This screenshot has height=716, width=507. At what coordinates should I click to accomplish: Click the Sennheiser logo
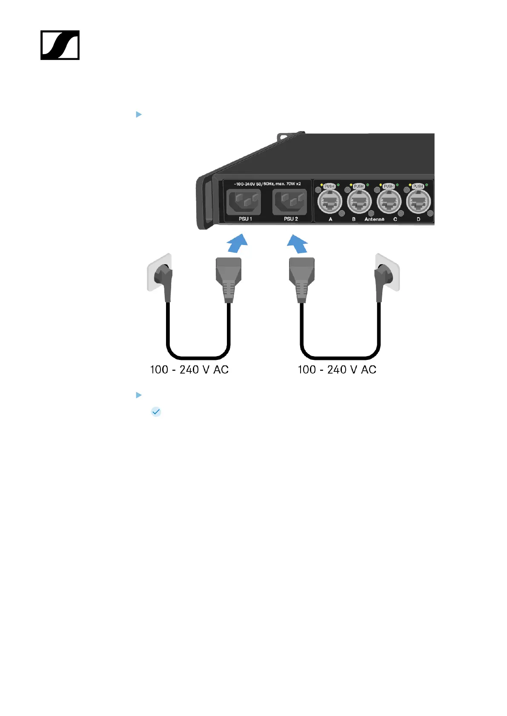pos(60,45)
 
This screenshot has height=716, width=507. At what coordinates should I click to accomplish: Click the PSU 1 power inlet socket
pos(243,202)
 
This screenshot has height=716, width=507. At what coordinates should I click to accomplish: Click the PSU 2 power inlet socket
pos(289,202)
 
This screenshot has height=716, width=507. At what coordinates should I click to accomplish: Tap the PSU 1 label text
pos(245,219)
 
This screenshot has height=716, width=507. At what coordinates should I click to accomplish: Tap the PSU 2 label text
pos(291,219)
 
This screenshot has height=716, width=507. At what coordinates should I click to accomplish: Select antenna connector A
pos(330,201)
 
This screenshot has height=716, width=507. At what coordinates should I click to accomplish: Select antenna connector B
pos(360,201)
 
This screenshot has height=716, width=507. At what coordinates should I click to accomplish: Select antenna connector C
pos(389,201)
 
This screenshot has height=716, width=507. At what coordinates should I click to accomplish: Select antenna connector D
pos(419,201)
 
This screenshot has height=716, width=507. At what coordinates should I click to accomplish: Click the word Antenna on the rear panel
pos(374,219)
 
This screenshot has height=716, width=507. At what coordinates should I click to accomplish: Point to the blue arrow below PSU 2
pos(298,244)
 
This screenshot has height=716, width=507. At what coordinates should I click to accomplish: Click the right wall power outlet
pos(387,273)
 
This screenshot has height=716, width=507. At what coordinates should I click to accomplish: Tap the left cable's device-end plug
pos(229,279)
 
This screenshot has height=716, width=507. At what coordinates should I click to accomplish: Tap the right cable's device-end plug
pos(301,279)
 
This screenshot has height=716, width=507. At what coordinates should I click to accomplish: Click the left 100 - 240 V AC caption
pos(189,370)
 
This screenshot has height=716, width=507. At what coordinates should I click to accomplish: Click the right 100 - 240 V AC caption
pos(337,370)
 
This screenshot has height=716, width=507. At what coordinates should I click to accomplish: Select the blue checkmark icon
pos(156,412)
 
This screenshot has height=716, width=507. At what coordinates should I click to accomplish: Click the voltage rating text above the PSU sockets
pos(267,184)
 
